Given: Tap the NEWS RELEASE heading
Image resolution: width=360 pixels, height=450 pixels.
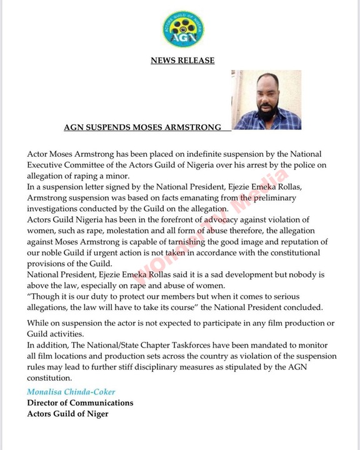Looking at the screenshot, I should pyautogui.click(x=182, y=61).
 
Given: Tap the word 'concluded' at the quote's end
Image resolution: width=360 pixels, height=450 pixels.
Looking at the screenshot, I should pyautogui.click(x=296, y=307).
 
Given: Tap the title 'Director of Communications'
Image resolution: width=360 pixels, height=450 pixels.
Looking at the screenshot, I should pyautogui.click(x=80, y=403).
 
